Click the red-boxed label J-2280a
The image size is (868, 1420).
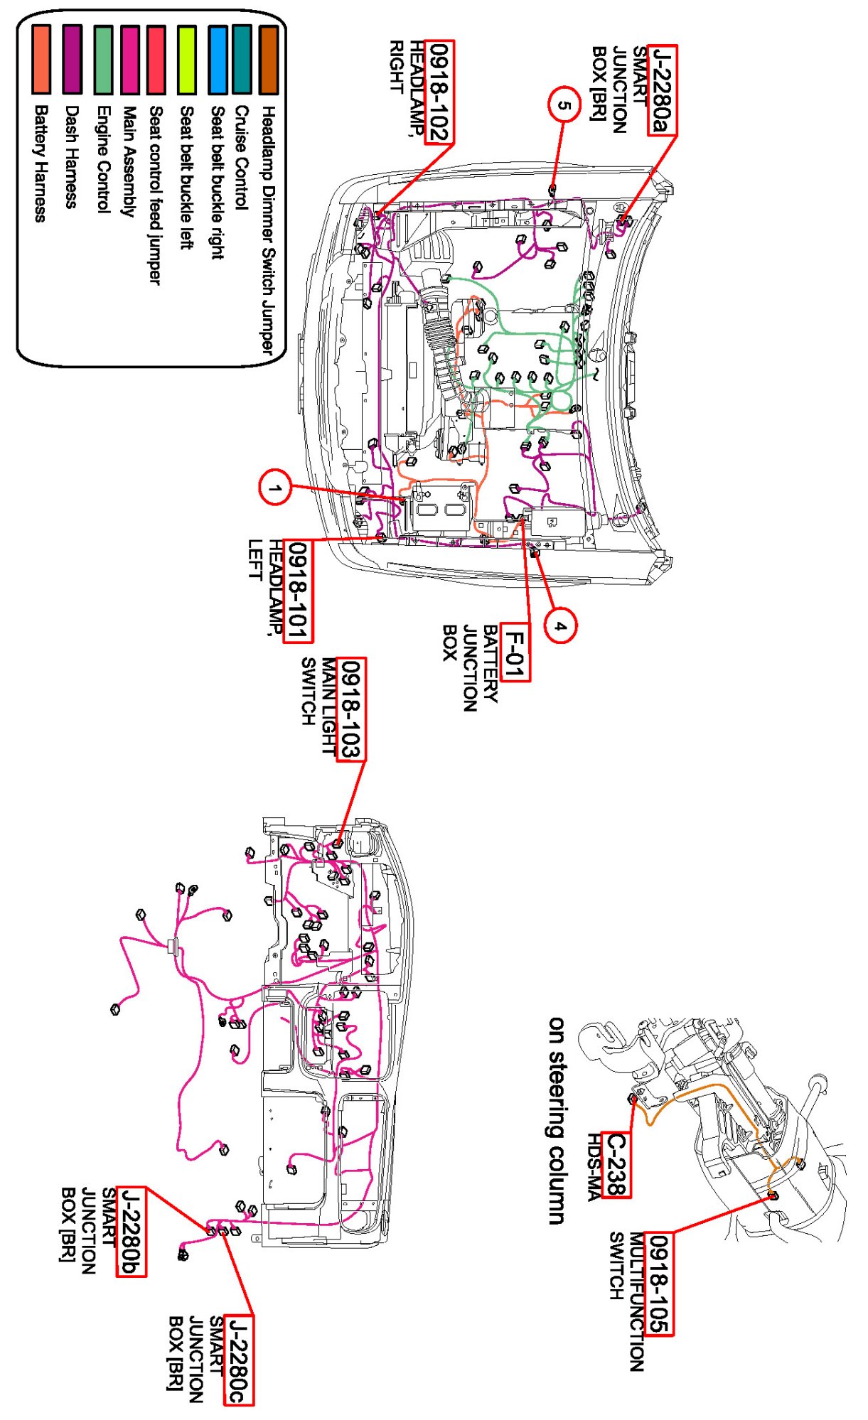[x=662, y=90]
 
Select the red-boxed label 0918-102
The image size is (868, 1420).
[x=439, y=92]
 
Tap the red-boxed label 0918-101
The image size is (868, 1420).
[x=297, y=591]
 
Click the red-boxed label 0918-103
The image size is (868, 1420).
[x=350, y=709]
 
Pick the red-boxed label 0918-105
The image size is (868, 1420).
[x=659, y=1284]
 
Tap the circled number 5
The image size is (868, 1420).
[x=564, y=105]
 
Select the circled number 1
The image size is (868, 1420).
[x=275, y=488]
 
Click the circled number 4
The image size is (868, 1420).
[x=560, y=625]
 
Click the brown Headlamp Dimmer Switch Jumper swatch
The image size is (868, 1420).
[x=268, y=60]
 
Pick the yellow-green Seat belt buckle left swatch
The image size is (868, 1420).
[x=186, y=60]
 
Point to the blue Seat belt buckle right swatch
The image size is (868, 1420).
[x=218, y=60]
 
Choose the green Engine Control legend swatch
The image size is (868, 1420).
[x=103, y=60]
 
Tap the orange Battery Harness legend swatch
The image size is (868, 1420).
[x=41, y=60]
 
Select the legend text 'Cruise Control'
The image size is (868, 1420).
[x=242, y=158]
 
